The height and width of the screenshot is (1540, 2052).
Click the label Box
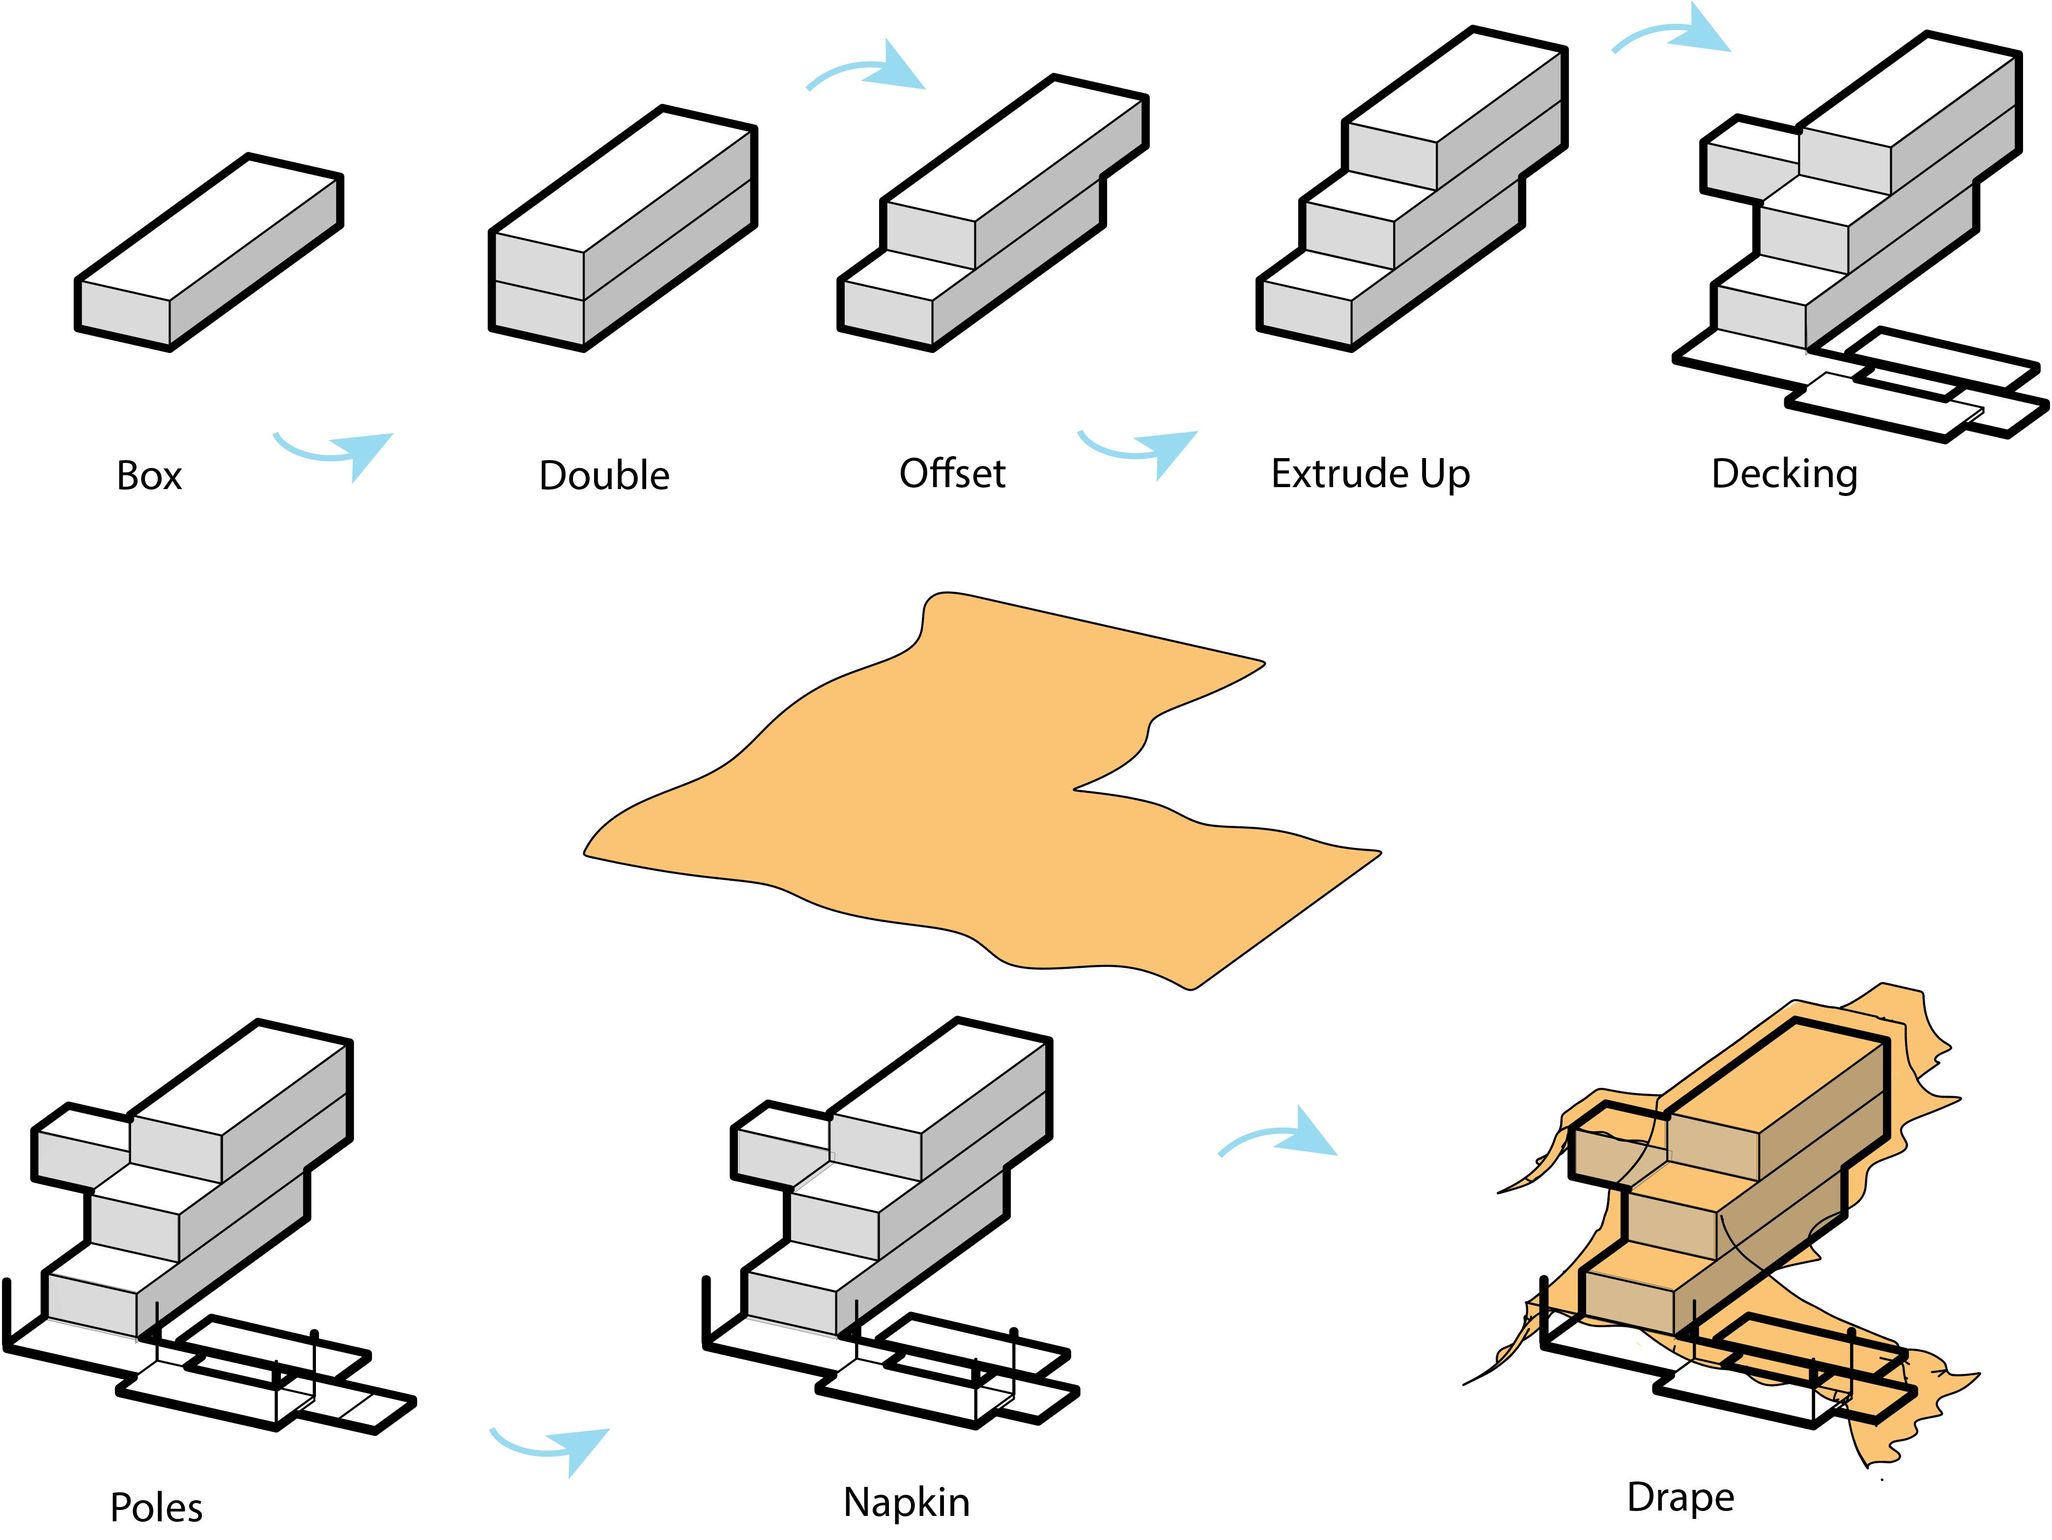[x=149, y=476]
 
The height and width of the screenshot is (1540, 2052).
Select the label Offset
[x=952, y=474]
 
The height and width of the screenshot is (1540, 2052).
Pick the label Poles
[x=156, y=1508]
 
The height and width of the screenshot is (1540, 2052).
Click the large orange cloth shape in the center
[x=974, y=798]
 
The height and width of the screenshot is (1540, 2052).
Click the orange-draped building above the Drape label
[x=1725, y=1206]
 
